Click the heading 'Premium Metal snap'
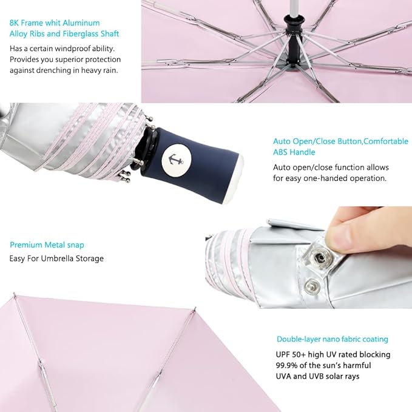click(x=47, y=245)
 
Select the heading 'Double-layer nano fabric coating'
click(x=332, y=339)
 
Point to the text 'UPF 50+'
click(x=290, y=354)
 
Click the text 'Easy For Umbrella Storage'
click(x=56, y=258)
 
